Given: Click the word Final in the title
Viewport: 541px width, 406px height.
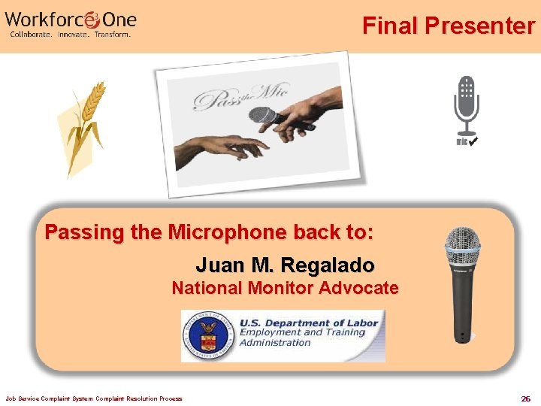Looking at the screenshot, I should pos(390,26).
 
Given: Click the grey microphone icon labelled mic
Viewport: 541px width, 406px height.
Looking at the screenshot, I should pos(467,109).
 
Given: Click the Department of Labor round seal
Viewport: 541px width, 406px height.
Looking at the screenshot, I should pos(207,336).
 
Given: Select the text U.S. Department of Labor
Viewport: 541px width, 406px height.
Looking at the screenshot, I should pos(308,323).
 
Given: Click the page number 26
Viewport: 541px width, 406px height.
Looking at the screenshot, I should pos(525,398).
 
